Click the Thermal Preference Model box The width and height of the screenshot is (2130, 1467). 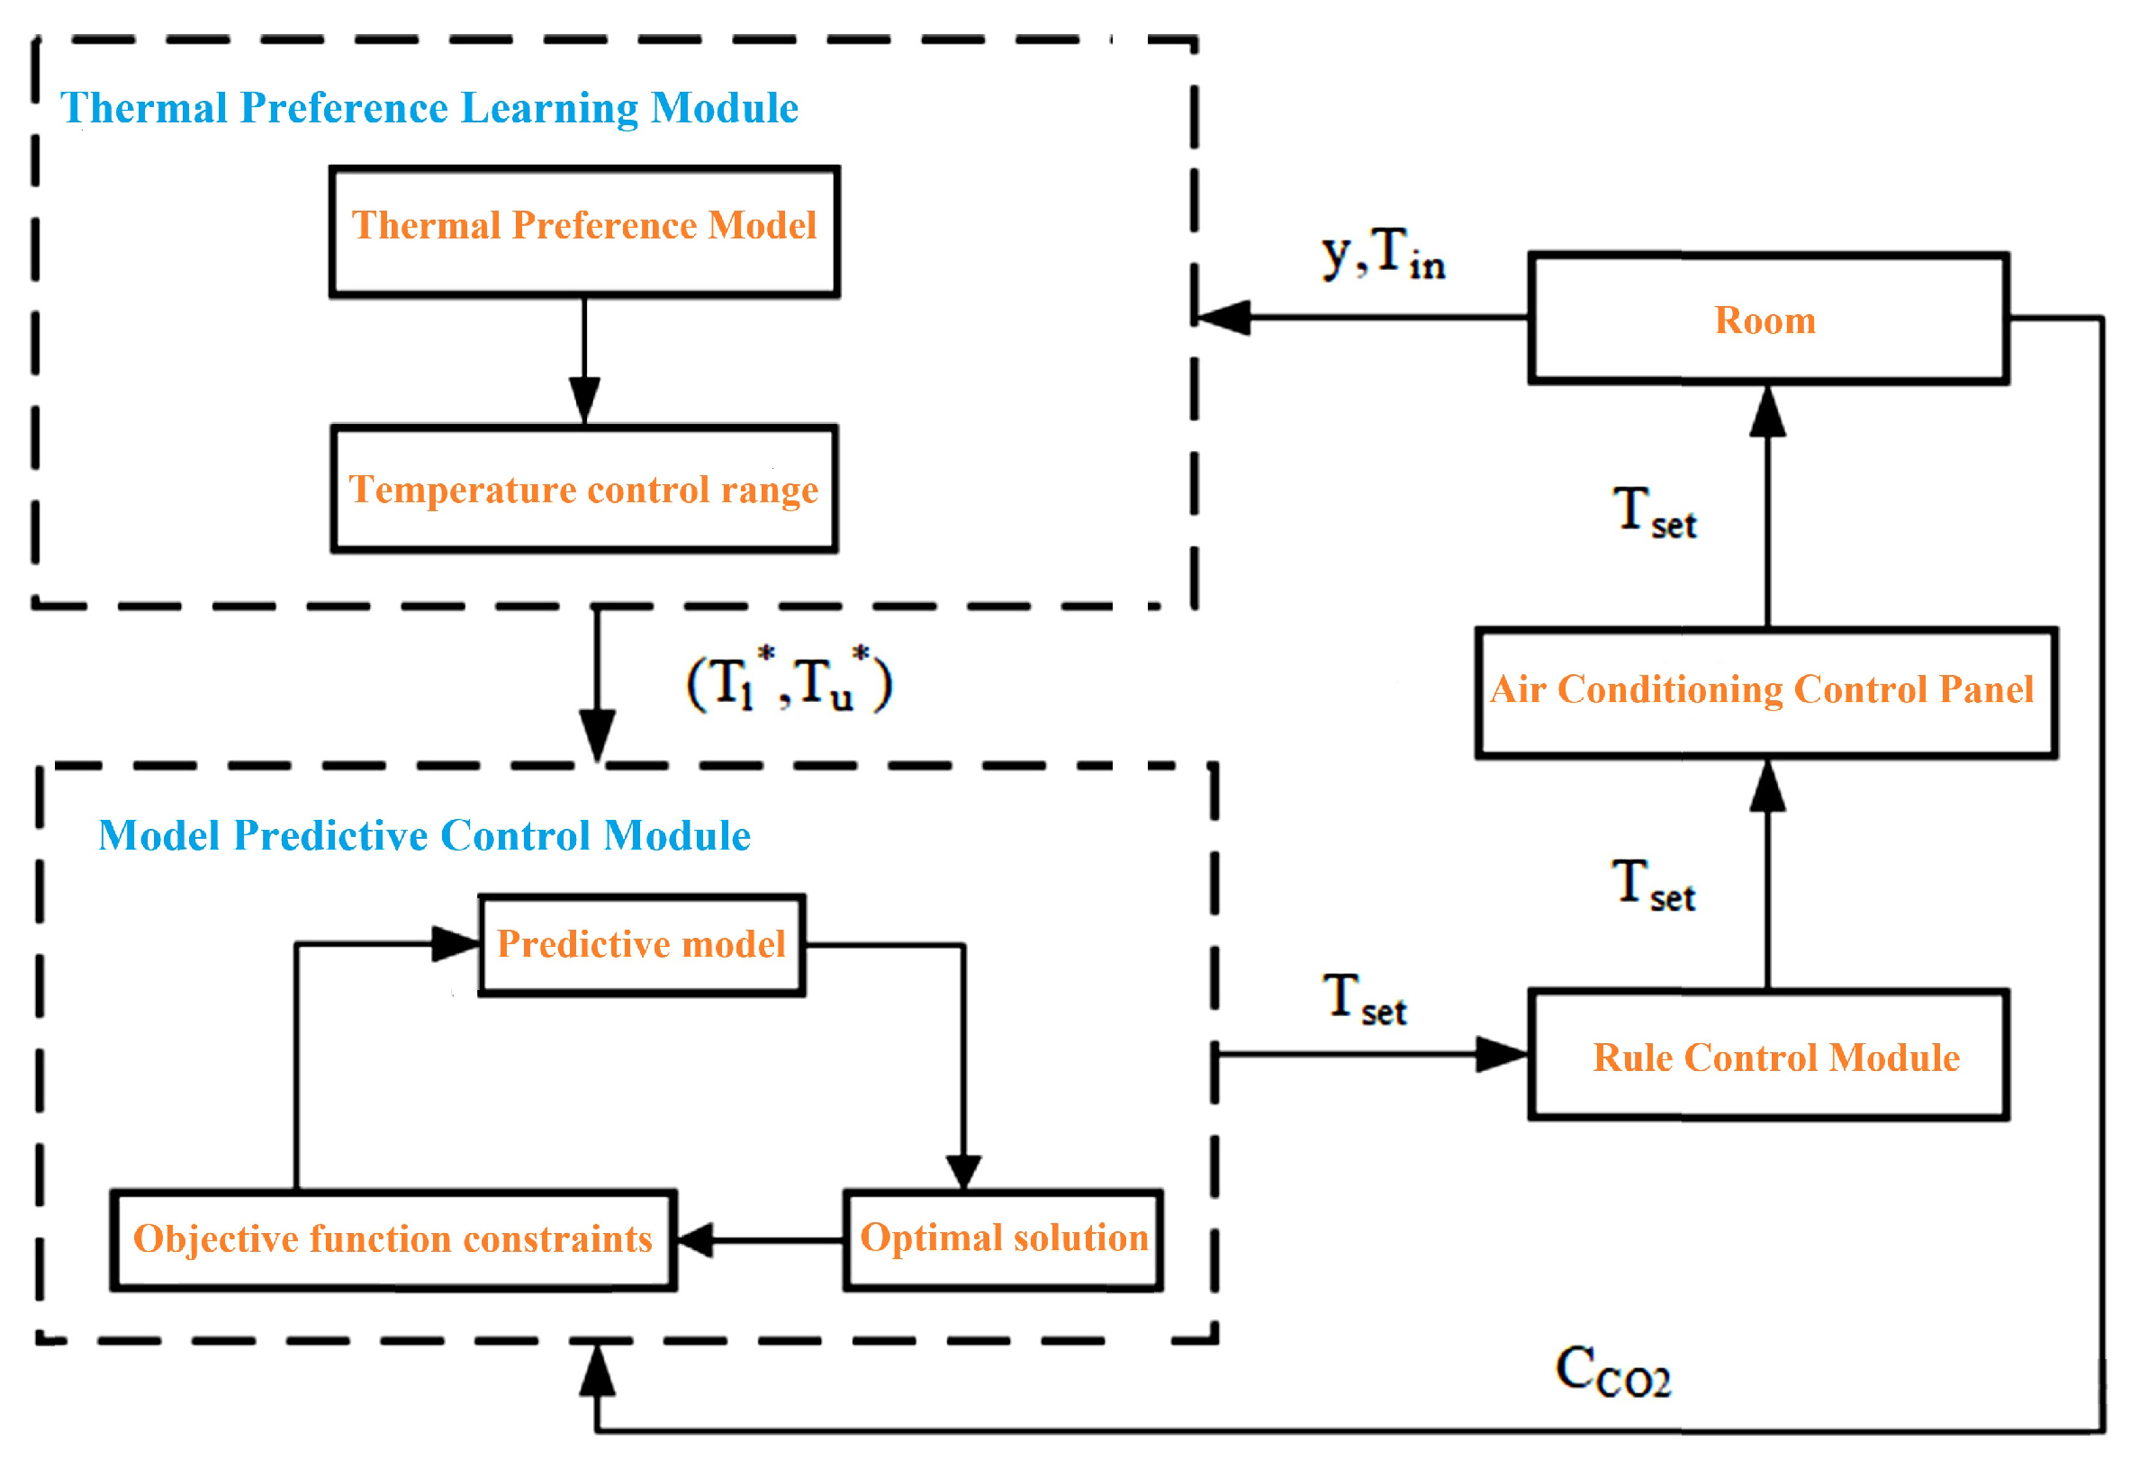coord(584,231)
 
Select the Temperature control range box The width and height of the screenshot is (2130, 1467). coord(584,488)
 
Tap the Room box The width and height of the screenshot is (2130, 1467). coord(1768,318)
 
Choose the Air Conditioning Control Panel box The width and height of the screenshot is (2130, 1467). coord(1766,693)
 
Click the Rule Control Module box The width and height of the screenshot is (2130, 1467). coord(1768,1054)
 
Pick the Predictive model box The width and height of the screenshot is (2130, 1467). coord(642,945)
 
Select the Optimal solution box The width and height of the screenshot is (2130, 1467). coord(1003,1240)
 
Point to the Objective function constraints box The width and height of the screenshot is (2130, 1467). coord(393,1240)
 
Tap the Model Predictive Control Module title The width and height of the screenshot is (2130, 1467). coord(425,835)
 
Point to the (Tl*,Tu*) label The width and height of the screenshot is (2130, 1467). coord(790,681)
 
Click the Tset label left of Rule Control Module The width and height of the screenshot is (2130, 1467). coord(1365,1000)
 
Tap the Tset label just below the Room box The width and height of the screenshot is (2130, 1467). coord(1655,513)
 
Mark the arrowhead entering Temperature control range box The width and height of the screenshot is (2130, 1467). coord(584,400)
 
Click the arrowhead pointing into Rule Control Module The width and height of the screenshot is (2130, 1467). coord(1503,1054)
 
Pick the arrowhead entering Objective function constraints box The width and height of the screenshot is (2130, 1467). coord(695,1240)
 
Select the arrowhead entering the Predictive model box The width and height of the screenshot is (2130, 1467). coord(456,944)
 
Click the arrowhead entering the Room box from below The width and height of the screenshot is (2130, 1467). coord(1768,411)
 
